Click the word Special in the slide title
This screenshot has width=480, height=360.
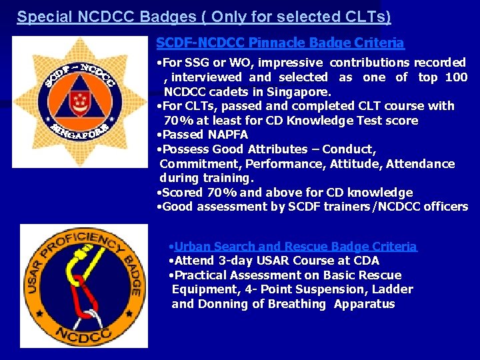41,17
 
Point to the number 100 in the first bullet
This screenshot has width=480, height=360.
456,77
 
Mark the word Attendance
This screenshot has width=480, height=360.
422,164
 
